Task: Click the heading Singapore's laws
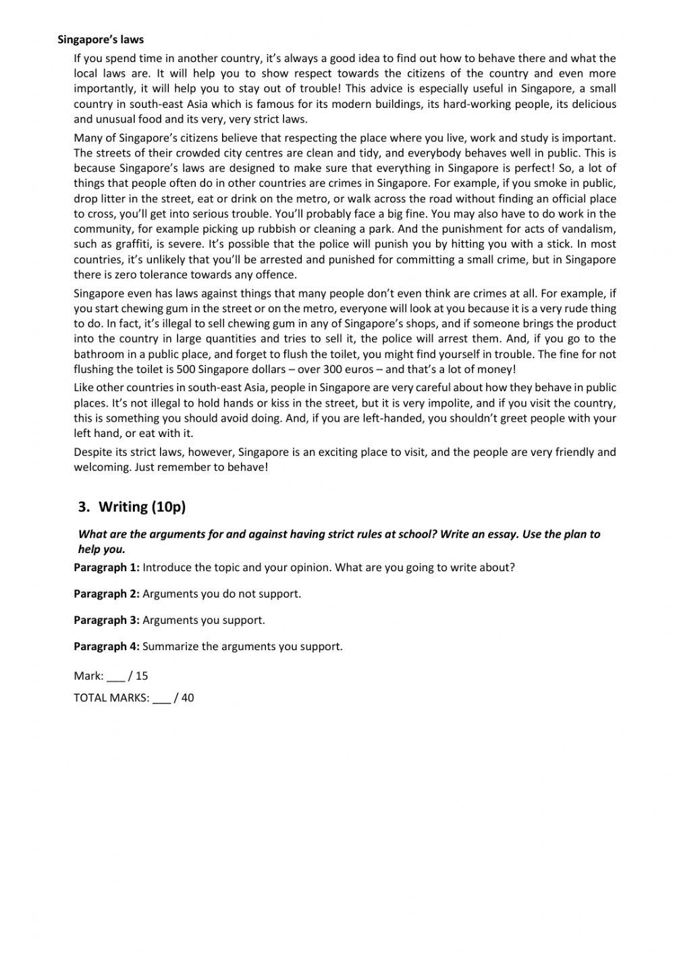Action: pos(101,40)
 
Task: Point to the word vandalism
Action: pos(589,229)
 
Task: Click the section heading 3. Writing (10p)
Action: pos(132,507)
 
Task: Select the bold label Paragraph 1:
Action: pos(107,567)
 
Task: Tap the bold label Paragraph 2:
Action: pos(107,594)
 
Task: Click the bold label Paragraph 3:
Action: pos(107,620)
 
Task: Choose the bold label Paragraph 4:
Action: pos(107,646)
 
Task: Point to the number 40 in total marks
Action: pos(188,698)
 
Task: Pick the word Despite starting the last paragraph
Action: pos(93,452)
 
